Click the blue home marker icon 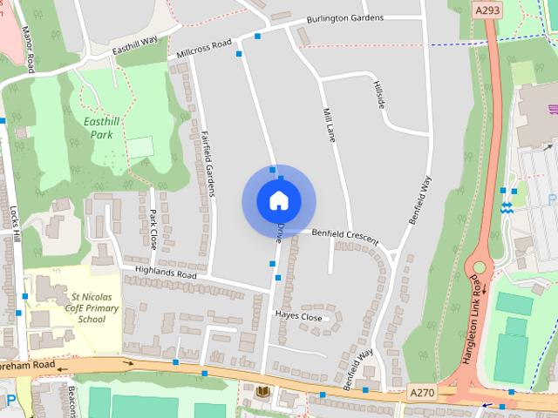(x=278, y=200)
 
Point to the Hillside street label (x=379, y=93)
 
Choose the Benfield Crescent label (x=345, y=235)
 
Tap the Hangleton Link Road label (x=474, y=317)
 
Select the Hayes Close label (x=298, y=316)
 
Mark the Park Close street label (x=153, y=228)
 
